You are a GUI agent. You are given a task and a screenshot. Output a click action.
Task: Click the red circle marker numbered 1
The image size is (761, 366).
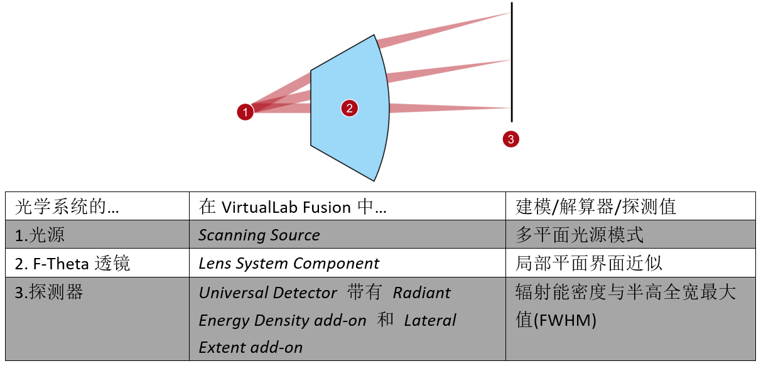tap(245, 112)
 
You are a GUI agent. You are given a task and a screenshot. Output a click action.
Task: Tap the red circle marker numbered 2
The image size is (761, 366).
tap(349, 108)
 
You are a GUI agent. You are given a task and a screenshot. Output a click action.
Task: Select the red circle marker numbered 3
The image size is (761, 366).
tap(510, 139)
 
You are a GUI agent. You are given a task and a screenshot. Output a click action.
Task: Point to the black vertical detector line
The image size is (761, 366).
tap(512, 63)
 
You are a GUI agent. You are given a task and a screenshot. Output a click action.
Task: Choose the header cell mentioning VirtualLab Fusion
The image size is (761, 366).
tap(293, 207)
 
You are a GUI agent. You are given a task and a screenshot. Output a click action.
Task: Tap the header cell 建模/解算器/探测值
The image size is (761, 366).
tap(596, 207)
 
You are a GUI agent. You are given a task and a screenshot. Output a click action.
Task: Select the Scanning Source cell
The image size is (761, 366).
tap(259, 235)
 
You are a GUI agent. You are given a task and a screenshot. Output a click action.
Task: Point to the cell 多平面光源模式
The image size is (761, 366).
tap(580, 235)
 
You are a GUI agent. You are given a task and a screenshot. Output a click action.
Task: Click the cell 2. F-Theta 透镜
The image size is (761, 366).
tap(72, 264)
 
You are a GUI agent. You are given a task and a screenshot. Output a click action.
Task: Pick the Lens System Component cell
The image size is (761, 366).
tap(289, 264)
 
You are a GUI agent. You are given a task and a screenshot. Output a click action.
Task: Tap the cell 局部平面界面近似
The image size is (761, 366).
tap(588, 264)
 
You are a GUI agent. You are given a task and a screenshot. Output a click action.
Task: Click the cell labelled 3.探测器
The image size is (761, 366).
tap(49, 293)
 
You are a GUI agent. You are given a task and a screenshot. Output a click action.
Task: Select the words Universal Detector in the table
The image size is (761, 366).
tap(268, 293)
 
